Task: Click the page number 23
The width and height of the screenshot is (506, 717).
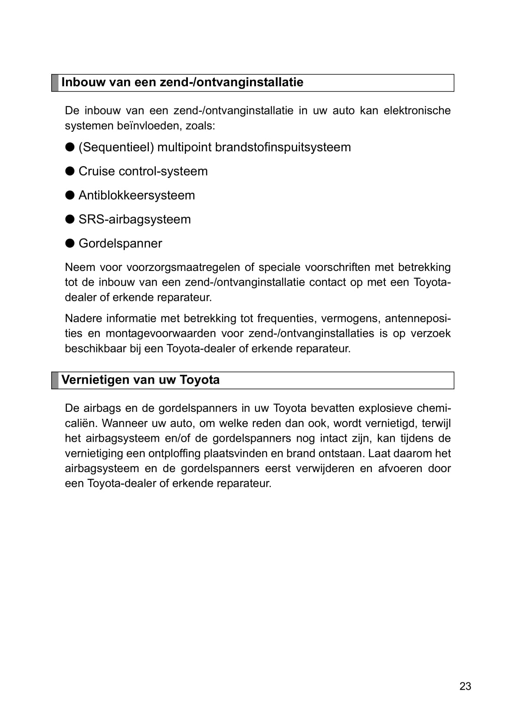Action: tap(465, 686)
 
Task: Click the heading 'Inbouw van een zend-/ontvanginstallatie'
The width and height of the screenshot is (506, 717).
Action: tap(182, 82)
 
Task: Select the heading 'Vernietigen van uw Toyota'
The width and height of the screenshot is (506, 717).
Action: tap(141, 380)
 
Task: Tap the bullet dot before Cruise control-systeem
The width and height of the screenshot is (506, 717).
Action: tap(70, 171)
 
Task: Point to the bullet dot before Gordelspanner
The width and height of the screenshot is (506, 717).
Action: tap(70, 243)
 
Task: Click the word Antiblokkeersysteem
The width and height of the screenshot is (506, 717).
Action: tap(137, 195)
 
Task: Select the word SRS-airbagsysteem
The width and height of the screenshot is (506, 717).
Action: tap(135, 219)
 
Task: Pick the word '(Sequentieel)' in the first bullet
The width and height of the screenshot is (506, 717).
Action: tap(116, 147)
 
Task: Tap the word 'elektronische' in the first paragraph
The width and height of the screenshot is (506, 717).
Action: tap(417, 111)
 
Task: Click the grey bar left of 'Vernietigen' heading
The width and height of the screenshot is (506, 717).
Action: tap(55, 380)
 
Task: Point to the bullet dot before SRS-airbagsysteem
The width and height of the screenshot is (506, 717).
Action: tap(70, 219)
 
